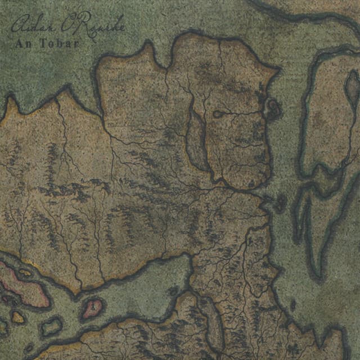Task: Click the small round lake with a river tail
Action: [218, 115]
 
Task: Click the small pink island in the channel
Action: [92, 307]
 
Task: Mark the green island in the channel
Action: [52, 326]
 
